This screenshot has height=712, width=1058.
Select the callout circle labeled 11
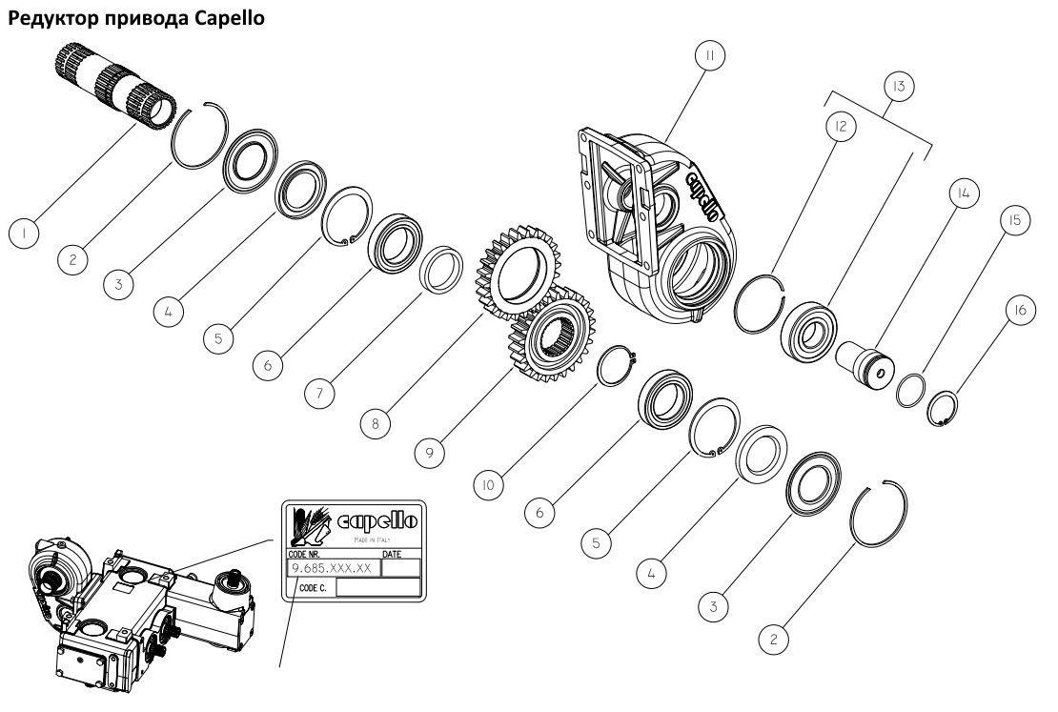pos(707,57)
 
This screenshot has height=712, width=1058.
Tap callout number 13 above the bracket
pos(898,87)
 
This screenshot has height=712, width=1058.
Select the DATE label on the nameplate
pos(391,553)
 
